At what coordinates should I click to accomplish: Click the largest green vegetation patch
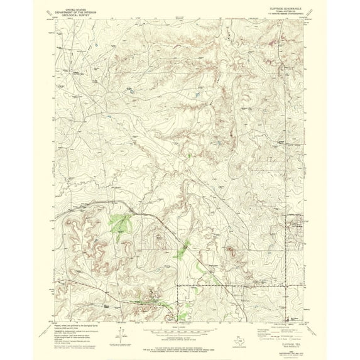tap(119, 222)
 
